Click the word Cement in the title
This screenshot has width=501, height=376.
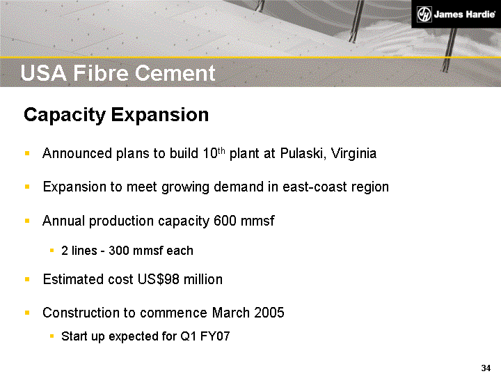177,73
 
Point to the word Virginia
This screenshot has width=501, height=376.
352,153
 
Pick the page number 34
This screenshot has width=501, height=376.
486,368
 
